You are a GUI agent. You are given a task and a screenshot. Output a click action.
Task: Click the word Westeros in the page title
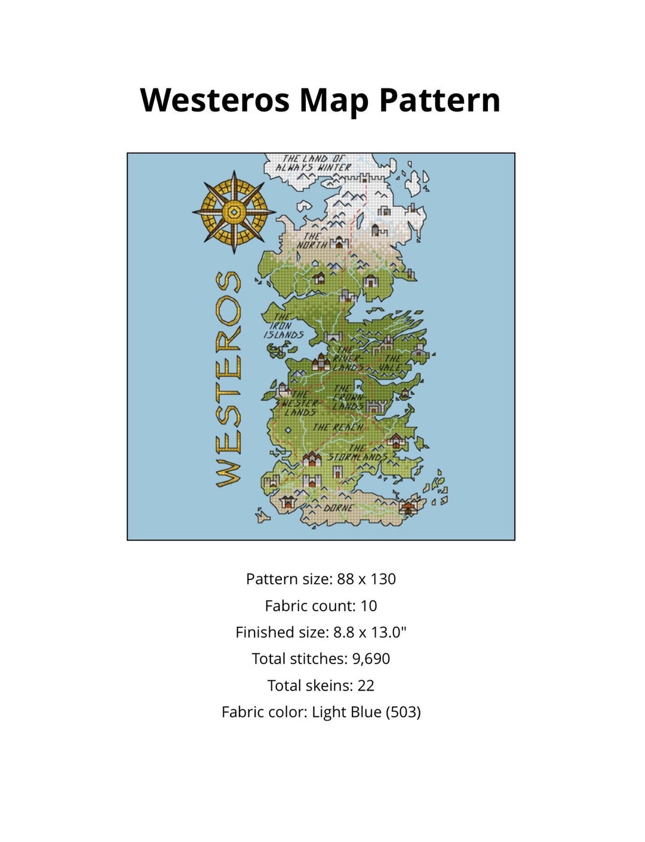(214, 100)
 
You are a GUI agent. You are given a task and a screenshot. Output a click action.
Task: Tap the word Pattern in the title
(440, 100)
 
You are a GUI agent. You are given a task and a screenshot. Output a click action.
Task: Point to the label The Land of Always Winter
(313, 163)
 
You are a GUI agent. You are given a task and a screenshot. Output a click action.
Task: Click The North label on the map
(312, 240)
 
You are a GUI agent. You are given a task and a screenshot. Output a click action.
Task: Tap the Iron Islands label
(283, 326)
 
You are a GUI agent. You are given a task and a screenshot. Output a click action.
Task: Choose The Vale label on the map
(391, 363)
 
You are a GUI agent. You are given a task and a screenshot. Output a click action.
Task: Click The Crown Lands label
(348, 397)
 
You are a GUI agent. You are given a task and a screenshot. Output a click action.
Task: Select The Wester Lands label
(299, 403)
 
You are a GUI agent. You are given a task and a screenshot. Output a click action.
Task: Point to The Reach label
(337, 427)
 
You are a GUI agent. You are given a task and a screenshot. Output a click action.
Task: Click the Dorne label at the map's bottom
(338, 508)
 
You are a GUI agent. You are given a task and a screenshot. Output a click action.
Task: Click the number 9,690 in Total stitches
(371, 659)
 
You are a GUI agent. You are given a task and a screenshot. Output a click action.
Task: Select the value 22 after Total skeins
(365, 686)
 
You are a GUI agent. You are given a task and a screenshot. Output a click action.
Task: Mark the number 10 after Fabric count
(368, 606)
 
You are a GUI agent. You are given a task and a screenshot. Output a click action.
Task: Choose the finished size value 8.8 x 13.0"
(370, 632)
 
